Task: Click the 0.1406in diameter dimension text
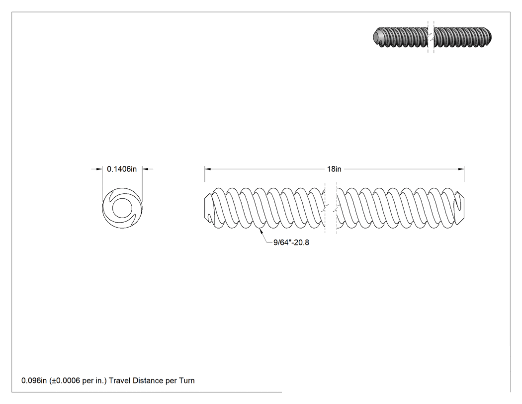click(x=121, y=169)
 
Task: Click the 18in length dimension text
click(x=334, y=169)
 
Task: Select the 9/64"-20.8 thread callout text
click(x=291, y=243)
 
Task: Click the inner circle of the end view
click(x=122, y=208)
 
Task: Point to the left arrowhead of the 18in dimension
click(x=208, y=169)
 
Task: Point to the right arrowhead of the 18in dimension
click(x=461, y=169)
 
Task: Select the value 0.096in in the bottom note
click(x=34, y=381)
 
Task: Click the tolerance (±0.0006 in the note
click(x=65, y=381)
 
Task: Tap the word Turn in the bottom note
click(x=187, y=381)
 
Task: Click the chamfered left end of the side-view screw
click(x=208, y=209)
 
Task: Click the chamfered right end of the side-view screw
click(x=460, y=209)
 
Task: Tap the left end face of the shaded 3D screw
click(x=377, y=36)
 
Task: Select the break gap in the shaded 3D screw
click(x=431, y=37)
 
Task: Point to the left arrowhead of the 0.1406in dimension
click(x=99, y=169)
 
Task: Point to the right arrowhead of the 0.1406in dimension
click(x=146, y=169)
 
